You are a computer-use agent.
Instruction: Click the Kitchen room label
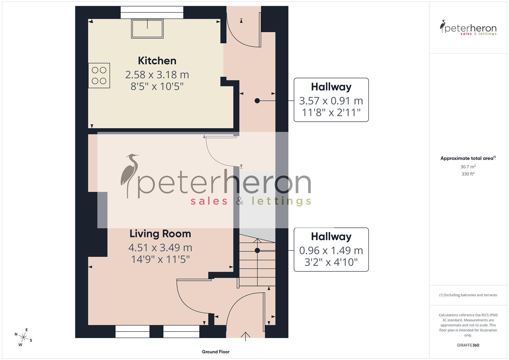click(157, 61)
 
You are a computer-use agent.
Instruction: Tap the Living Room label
click(160, 234)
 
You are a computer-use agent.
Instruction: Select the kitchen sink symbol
click(148, 28)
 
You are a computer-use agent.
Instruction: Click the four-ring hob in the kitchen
click(99, 76)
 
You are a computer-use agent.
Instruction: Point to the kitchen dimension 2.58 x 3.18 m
click(157, 74)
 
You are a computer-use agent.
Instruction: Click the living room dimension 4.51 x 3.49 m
click(160, 248)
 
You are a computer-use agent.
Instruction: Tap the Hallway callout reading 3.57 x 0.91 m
click(331, 100)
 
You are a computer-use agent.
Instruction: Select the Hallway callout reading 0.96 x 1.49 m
click(331, 250)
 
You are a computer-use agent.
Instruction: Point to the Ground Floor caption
click(216, 352)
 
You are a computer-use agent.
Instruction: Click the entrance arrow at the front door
click(246, 336)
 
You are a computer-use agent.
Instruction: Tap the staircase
click(257, 263)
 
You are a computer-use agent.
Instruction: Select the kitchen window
click(152, 12)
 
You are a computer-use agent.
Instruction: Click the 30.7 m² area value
click(468, 167)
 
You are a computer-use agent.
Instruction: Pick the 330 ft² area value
click(468, 174)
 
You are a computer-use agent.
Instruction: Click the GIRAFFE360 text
click(468, 345)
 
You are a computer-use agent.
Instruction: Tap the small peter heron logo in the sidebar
click(468, 28)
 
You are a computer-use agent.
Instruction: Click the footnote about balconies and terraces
click(468, 295)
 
